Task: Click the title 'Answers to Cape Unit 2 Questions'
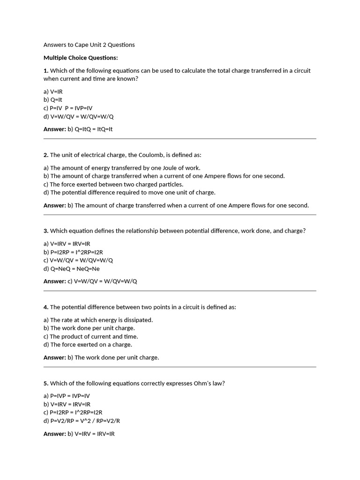coord(89,45)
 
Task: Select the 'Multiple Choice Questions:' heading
coord(81,58)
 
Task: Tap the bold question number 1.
coord(46,71)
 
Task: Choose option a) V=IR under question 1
coord(53,91)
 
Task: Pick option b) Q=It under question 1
coord(53,100)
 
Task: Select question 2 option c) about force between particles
coord(113,184)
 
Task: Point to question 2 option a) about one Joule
coord(122,168)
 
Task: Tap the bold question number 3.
coord(46,231)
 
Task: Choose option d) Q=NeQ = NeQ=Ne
coord(72,269)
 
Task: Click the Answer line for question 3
coord(90,281)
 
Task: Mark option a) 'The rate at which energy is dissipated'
coord(98,320)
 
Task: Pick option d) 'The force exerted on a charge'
coord(88,345)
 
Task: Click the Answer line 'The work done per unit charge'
coord(101,357)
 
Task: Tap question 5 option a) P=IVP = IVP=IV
coord(67,396)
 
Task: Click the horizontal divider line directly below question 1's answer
coord(180,139)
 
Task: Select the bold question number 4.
coord(46,307)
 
